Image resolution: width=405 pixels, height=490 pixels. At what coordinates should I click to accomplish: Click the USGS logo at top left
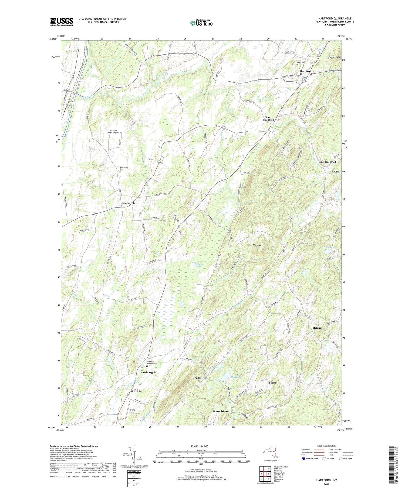[x=62, y=22]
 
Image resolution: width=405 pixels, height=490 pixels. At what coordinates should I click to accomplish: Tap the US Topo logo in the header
[x=201, y=23]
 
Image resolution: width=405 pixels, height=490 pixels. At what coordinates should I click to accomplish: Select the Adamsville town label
[x=129, y=203]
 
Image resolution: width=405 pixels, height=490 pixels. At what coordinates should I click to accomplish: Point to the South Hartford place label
[x=269, y=119]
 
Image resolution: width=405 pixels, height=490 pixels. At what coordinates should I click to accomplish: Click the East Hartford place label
[x=328, y=162]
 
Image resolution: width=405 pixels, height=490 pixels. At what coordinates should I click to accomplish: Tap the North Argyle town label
[x=148, y=372]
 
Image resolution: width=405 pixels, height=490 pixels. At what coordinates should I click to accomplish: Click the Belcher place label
[x=318, y=328]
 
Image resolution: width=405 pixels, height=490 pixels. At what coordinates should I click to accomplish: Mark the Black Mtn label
[x=257, y=245]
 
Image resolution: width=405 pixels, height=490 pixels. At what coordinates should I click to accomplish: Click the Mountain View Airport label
[x=112, y=132]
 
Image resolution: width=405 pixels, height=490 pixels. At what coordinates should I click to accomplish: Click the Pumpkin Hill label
[x=335, y=58]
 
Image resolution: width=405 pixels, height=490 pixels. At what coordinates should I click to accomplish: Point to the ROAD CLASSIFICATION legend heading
[x=327, y=446]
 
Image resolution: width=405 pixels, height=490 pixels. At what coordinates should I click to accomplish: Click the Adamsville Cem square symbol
[x=120, y=171]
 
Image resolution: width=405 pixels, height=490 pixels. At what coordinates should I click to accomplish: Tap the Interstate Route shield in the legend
[x=304, y=458]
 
